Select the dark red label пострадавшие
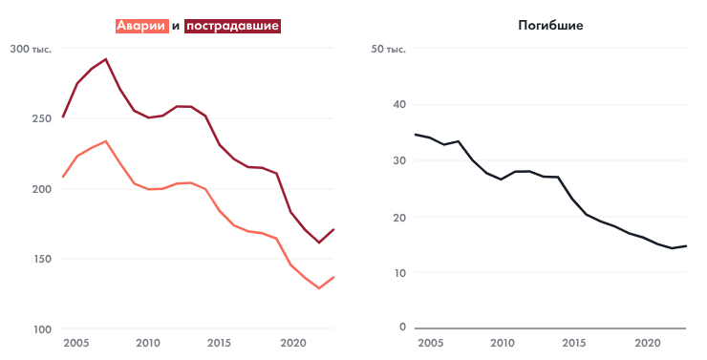[232, 27]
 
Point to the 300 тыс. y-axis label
[32, 49]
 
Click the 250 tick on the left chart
[41, 118]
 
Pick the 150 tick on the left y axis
[41, 259]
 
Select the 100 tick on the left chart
[41, 329]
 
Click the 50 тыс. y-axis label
[388, 49]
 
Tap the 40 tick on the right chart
[398, 105]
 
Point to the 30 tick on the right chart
[398, 160]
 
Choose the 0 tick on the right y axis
[402, 328]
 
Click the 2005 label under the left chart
[76, 343]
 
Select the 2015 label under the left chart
[219, 343]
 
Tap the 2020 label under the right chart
[647, 343]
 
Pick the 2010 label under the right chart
[503, 343]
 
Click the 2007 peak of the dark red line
[105, 59]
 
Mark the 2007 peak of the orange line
[105, 141]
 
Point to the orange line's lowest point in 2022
[319, 287]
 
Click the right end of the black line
[686, 246]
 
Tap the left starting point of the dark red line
[62, 117]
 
